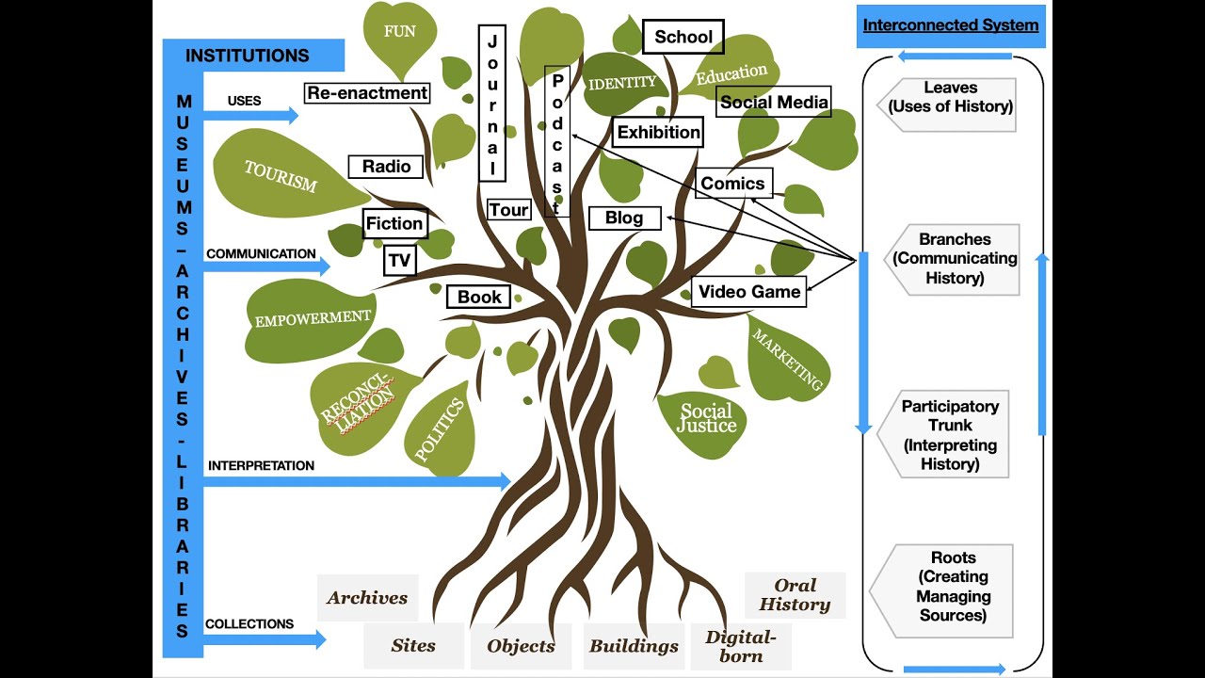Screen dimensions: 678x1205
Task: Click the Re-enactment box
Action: (367, 93)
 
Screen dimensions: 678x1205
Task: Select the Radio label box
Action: (386, 167)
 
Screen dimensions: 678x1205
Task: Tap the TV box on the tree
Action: (400, 260)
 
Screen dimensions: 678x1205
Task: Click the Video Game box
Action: (749, 292)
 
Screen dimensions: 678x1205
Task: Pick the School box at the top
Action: (683, 37)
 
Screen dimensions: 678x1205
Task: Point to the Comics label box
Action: (732, 184)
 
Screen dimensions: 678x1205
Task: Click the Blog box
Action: (624, 218)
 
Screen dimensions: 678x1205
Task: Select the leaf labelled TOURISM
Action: (282, 176)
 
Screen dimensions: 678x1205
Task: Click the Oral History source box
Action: (795, 595)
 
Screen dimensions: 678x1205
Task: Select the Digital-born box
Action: (741, 646)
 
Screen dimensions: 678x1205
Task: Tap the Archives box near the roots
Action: (367, 598)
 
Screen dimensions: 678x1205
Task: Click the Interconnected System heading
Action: (951, 25)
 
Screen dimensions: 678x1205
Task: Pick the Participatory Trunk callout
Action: (949, 435)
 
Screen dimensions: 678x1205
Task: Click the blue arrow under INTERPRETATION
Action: (358, 481)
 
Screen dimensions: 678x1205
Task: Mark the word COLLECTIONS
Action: (249, 623)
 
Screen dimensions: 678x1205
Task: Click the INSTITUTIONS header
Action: (248, 56)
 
